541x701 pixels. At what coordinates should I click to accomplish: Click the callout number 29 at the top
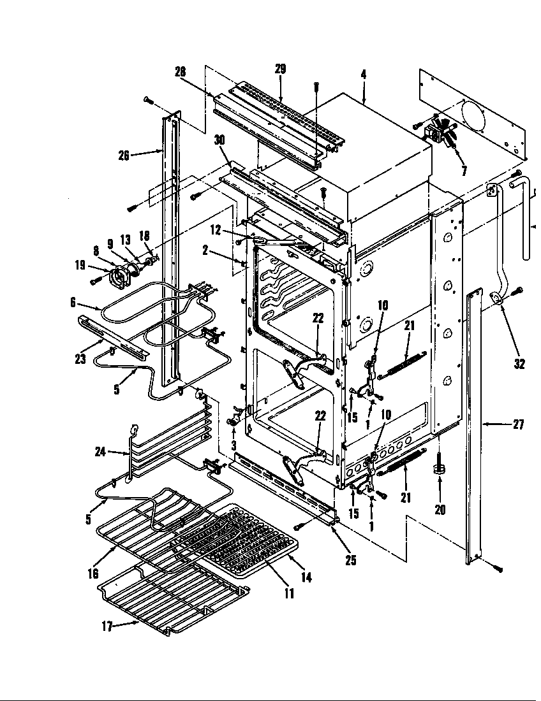click(x=280, y=69)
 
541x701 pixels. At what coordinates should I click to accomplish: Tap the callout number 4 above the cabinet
click(x=363, y=75)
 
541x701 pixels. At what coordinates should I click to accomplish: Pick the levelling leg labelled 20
click(x=440, y=471)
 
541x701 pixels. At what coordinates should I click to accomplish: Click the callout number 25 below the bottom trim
click(x=350, y=561)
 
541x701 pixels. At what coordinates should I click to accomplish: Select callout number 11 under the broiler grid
click(x=288, y=594)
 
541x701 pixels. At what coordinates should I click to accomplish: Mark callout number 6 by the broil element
click(x=74, y=304)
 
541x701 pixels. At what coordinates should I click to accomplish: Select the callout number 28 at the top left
click(x=181, y=72)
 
